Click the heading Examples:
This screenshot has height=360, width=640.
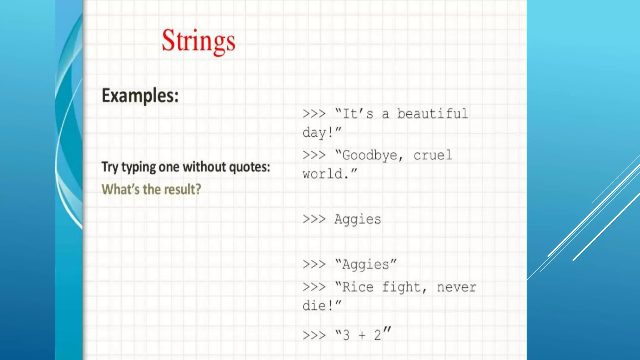(140, 96)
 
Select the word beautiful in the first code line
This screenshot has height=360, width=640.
(432, 114)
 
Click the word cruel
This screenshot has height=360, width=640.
(433, 155)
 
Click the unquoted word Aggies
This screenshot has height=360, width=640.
(358, 219)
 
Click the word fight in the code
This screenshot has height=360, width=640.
(401, 287)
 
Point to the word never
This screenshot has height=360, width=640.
(457, 287)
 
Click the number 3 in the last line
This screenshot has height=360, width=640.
(346, 335)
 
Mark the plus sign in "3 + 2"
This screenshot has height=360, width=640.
(362, 335)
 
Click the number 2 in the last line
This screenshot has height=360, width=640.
(377, 335)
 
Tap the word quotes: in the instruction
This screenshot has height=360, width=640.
(249, 167)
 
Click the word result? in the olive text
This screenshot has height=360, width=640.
(182, 189)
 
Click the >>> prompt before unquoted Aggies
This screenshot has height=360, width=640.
(314, 219)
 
